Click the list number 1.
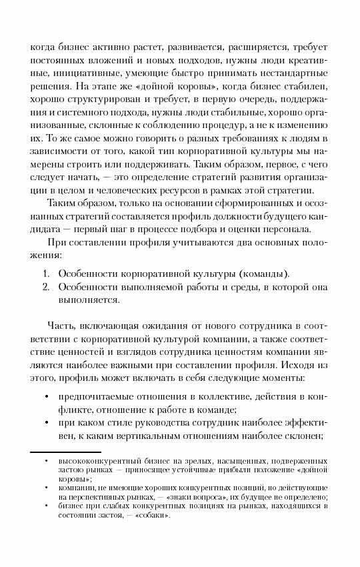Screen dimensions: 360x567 (x=45, y=273)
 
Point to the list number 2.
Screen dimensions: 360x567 (x=45, y=288)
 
